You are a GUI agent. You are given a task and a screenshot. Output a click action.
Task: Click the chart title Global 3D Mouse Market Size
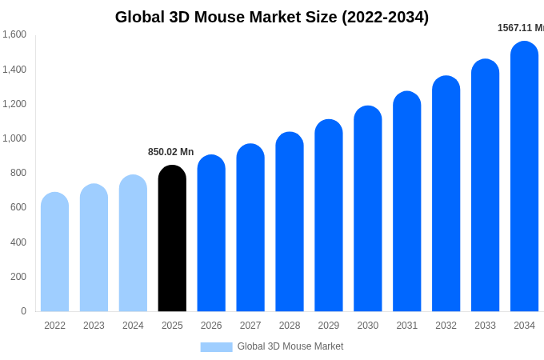[272, 17]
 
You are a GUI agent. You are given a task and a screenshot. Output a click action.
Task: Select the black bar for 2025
[172, 240]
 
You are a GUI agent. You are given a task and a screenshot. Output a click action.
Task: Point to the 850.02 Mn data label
[170, 152]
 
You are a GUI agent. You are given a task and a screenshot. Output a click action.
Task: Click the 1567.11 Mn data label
[520, 28]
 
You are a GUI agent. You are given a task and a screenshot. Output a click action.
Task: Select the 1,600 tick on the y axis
[14, 34]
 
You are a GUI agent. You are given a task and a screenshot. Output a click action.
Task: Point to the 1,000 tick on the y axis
[14, 138]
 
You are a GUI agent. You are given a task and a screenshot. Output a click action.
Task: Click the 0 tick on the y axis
[23, 311]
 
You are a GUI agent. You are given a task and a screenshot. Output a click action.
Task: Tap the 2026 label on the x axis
[211, 326]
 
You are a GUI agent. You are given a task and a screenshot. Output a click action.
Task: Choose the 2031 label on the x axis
[406, 326]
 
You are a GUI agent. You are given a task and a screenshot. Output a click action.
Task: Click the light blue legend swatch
[216, 347]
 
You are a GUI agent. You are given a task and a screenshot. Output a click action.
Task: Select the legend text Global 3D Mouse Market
[290, 346]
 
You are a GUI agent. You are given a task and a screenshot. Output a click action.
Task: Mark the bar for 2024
[133, 244]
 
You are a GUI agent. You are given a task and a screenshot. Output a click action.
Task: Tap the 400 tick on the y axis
[18, 242]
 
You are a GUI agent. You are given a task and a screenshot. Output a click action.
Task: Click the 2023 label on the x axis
[94, 326]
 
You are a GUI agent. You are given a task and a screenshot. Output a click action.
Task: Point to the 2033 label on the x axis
[485, 326]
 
